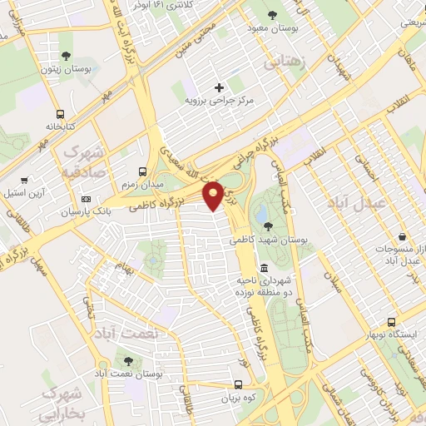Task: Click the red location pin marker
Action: pos(214,194)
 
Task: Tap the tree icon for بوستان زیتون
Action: pos(66,57)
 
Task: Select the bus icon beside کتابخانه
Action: pos(60,115)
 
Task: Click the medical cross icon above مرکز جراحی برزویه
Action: pos(220,87)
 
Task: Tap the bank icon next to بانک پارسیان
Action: pos(87,200)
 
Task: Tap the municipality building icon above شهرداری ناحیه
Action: pos(264,268)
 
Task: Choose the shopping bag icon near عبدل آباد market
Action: pos(403,237)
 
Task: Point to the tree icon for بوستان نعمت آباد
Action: pos(127,361)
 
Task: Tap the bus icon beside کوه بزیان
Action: pos(239,385)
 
